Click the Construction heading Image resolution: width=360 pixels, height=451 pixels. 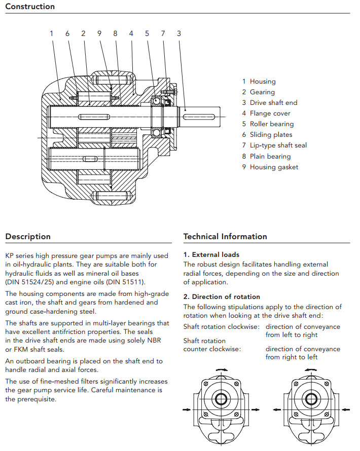click(x=30, y=7)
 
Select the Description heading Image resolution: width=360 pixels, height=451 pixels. click(x=28, y=237)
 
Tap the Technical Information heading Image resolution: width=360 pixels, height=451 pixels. click(x=225, y=237)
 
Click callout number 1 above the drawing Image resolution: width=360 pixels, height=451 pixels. click(x=51, y=33)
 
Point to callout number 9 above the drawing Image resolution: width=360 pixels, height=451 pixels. click(x=99, y=33)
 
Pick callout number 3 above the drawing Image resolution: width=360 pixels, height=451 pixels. click(x=179, y=33)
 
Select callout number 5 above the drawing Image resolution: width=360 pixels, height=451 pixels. click(x=147, y=33)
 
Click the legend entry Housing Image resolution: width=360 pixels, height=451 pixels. click(x=262, y=81)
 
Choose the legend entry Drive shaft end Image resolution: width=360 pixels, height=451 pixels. click(x=273, y=102)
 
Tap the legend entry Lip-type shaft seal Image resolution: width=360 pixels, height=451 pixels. click(x=278, y=145)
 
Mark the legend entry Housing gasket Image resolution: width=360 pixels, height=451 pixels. click(x=274, y=167)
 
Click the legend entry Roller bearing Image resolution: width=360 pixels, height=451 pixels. click(x=271, y=124)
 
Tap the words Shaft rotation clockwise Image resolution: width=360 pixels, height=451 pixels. click(x=222, y=327)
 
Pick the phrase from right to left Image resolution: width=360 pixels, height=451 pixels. click(x=292, y=357)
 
